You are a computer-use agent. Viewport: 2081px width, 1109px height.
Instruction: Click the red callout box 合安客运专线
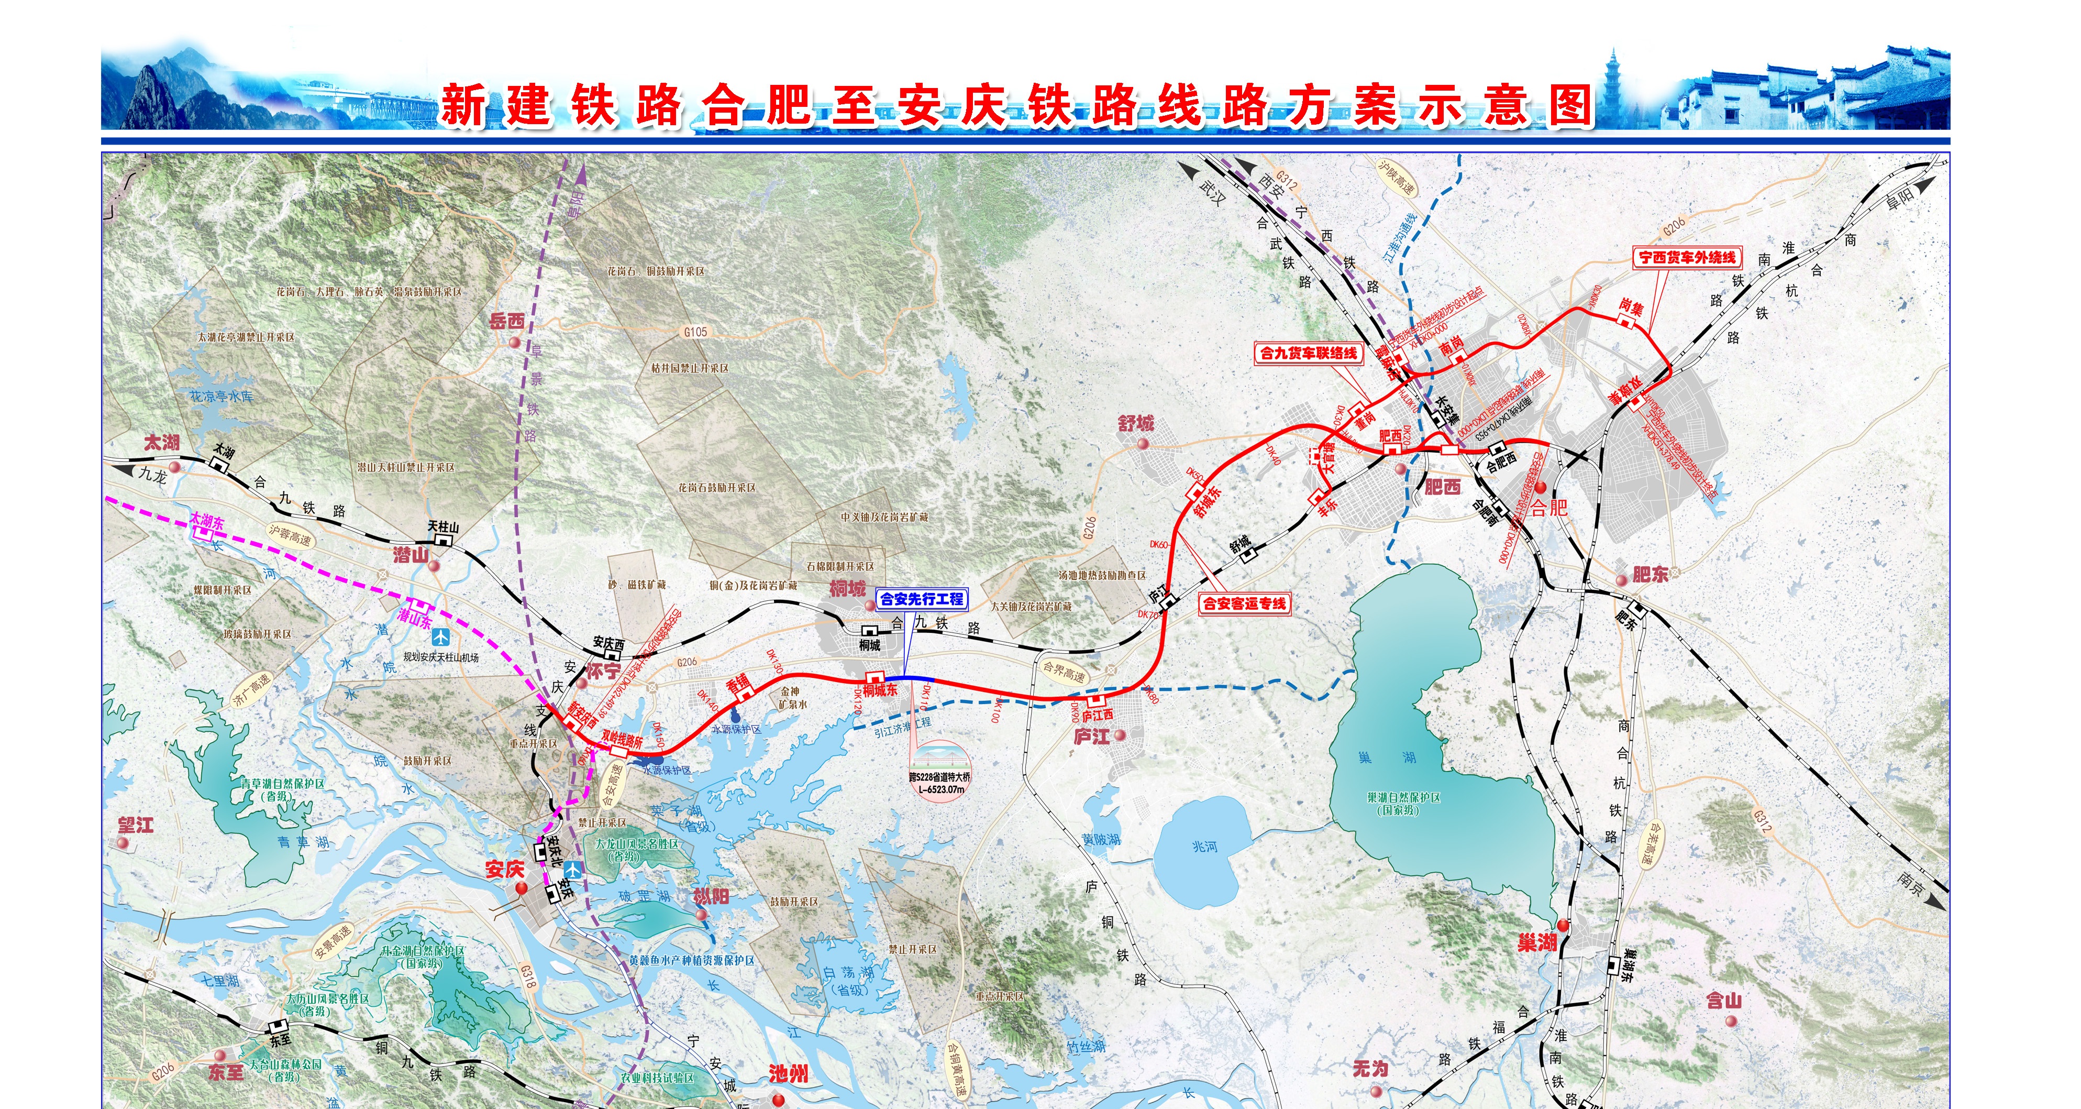click(x=1244, y=603)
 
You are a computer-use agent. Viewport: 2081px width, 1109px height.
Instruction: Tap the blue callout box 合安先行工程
click(x=922, y=599)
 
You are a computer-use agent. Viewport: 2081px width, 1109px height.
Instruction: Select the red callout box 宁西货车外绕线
click(x=1687, y=257)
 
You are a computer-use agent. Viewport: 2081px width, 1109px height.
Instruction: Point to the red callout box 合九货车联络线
click(x=1309, y=353)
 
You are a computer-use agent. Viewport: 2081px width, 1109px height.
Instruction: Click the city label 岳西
click(x=507, y=321)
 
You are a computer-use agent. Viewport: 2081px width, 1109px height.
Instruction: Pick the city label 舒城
click(x=1136, y=424)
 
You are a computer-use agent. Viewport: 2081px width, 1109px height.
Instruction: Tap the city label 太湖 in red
click(x=162, y=442)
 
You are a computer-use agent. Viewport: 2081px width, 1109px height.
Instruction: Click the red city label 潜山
click(x=411, y=554)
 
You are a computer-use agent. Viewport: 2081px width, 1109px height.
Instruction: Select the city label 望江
click(x=136, y=825)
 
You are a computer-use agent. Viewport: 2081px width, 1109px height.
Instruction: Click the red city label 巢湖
click(x=1536, y=942)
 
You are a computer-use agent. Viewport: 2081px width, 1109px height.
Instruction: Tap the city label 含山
click(x=1724, y=1001)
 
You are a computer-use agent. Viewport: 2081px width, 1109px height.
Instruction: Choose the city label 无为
click(x=1371, y=1069)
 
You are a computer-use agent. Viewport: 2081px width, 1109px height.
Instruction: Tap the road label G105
click(x=695, y=332)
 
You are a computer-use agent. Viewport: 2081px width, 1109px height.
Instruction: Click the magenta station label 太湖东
click(x=207, y=521)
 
